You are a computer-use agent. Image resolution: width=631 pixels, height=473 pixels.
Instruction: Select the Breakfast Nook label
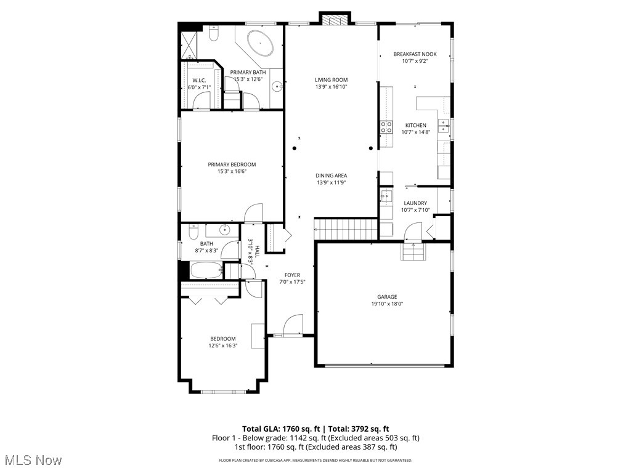[x=415, y=54]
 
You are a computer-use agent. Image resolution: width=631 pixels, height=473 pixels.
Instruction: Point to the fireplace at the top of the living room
[x=334, y=20]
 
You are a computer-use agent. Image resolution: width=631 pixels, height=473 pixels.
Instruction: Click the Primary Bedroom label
[x=232, y=164]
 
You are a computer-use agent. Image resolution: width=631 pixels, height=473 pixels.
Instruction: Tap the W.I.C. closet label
[x=199, y=80]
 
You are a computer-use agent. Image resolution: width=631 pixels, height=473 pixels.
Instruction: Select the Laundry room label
[x=415, y=203]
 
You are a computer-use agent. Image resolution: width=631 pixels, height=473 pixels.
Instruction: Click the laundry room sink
[x=386, y=196]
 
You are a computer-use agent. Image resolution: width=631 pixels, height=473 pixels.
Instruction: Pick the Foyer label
[x=292, y=275]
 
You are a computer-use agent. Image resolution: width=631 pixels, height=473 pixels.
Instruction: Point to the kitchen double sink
[x=443, y=126]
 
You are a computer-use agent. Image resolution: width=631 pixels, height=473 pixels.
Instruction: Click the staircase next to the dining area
[x=346, y=229]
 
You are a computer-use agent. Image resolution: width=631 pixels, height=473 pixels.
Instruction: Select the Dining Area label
[x=332, y=176]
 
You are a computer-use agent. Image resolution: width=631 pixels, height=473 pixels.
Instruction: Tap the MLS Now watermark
[x=33, y=460]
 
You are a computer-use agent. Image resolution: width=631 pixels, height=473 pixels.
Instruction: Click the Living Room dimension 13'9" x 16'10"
[x=332, y=87]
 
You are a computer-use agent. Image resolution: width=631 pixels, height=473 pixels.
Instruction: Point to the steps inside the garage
[x=413, y=251]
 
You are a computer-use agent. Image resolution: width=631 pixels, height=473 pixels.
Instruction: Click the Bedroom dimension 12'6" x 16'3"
[x=223, y=346]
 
